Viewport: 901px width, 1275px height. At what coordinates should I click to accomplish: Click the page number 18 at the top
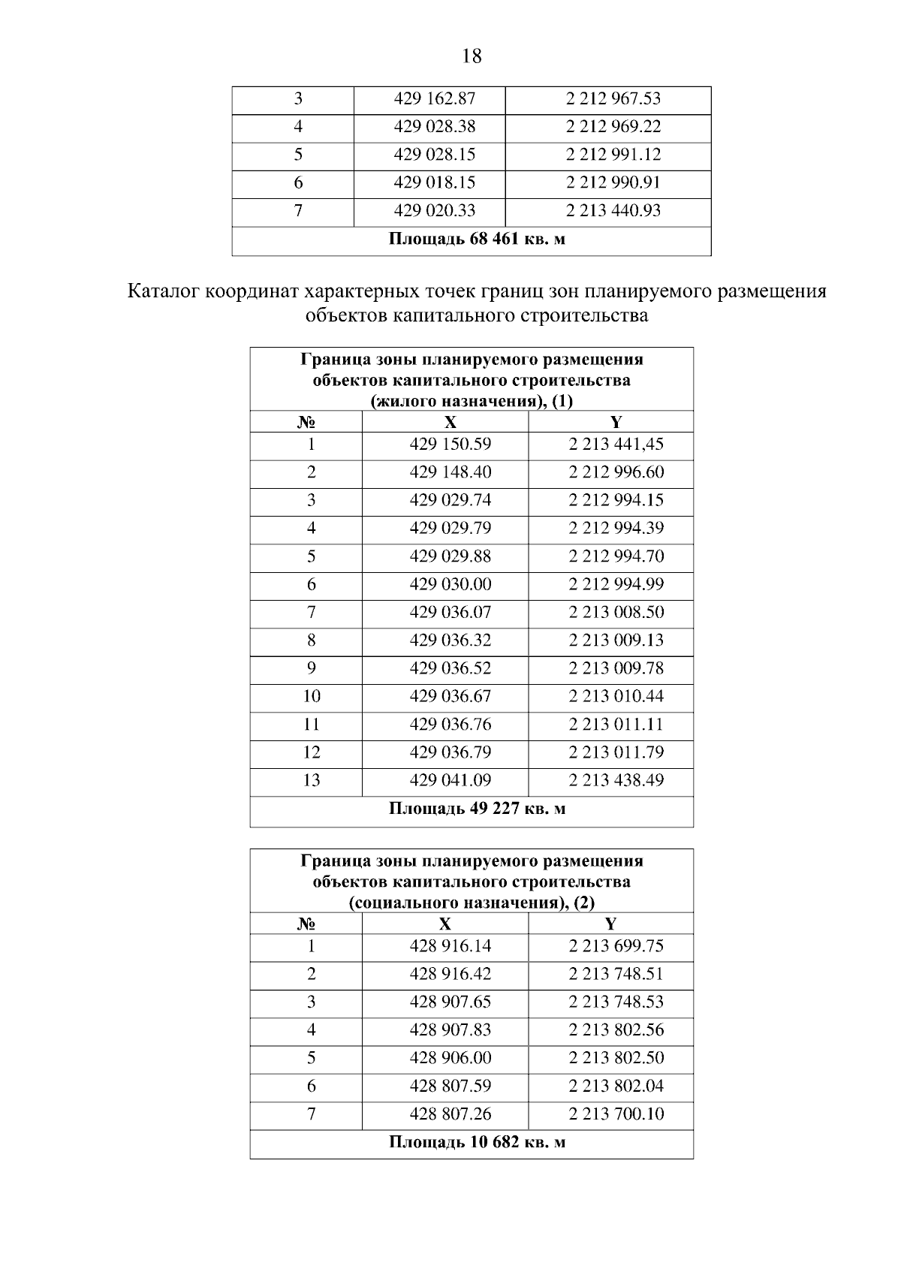[x=472, y=56]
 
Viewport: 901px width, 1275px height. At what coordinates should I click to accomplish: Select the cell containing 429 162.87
[x=435, y=99]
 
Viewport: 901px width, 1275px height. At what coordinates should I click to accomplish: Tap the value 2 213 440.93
[x=613, y=211]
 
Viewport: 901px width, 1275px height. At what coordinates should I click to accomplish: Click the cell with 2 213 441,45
[x=616, y=445]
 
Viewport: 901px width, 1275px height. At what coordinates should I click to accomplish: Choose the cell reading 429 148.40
[x=450, y=472]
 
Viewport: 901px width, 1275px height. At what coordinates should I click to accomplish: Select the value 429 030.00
[x=450, y=585]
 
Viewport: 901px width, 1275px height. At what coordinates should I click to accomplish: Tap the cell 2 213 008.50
[x=616, y=613]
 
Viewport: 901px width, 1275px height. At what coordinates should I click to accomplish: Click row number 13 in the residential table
[x=311, y=781]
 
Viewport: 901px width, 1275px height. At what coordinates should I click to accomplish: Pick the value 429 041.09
[x=450, y=781]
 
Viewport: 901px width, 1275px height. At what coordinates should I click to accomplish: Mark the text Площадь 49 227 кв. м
[x=477, y=809]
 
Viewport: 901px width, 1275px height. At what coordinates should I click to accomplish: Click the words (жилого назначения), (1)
[x=472, y=401]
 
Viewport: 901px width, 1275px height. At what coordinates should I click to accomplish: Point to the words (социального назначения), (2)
[x=472, y=903]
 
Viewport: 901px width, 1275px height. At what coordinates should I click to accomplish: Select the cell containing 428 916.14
[x=450, y=946]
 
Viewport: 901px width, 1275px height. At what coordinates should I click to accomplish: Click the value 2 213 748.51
[x=616, y=975]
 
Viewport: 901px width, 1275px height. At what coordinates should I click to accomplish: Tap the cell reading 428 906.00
[x=450, y=1059]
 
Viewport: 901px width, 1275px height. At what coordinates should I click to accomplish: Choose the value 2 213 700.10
[x=616, y=1114]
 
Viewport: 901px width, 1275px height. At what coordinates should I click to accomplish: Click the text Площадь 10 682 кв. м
[x=477, y=1143]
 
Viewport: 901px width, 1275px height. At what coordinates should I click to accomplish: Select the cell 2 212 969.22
[x=613, y=127]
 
